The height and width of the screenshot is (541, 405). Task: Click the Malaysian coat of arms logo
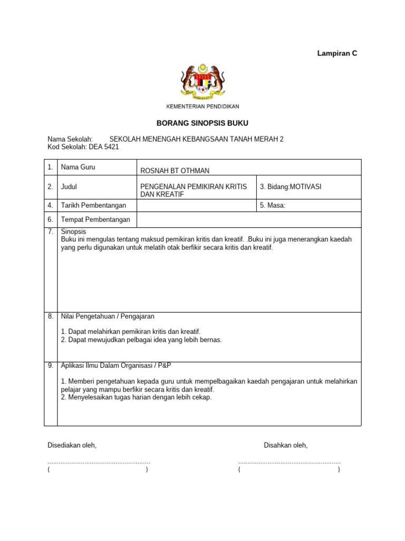tap(202, 82)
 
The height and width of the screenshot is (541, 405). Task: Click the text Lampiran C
tap(337, 53)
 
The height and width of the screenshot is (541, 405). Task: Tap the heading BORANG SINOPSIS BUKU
tap(202, 123)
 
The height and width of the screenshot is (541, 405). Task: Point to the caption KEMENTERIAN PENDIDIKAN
tap(202, 107)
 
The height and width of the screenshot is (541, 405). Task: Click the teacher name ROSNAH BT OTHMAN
tap(175, 170)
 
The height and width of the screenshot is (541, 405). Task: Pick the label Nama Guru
tap(78, 167)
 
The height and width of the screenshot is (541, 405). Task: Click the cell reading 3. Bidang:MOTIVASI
tap(290, 187)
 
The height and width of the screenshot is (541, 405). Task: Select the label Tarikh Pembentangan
tap(95, 206)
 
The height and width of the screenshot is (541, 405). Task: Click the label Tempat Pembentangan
tap(95, 220)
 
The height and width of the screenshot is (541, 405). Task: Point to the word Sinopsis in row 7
tap(73, 231)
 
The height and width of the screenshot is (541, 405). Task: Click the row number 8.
tap(51, 316)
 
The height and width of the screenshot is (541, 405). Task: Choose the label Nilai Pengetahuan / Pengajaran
tap(108, 316)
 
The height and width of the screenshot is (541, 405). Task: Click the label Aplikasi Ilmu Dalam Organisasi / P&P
tap(116, 366)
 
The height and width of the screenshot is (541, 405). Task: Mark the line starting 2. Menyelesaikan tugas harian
tap(136, 397)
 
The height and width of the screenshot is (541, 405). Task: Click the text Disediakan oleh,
tap(72, 445)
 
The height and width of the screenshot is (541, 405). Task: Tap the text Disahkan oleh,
tap(285, 445)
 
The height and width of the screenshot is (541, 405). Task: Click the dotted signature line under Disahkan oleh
tap(289, 462)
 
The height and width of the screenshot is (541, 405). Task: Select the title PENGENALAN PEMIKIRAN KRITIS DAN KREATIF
tap(193, 191)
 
